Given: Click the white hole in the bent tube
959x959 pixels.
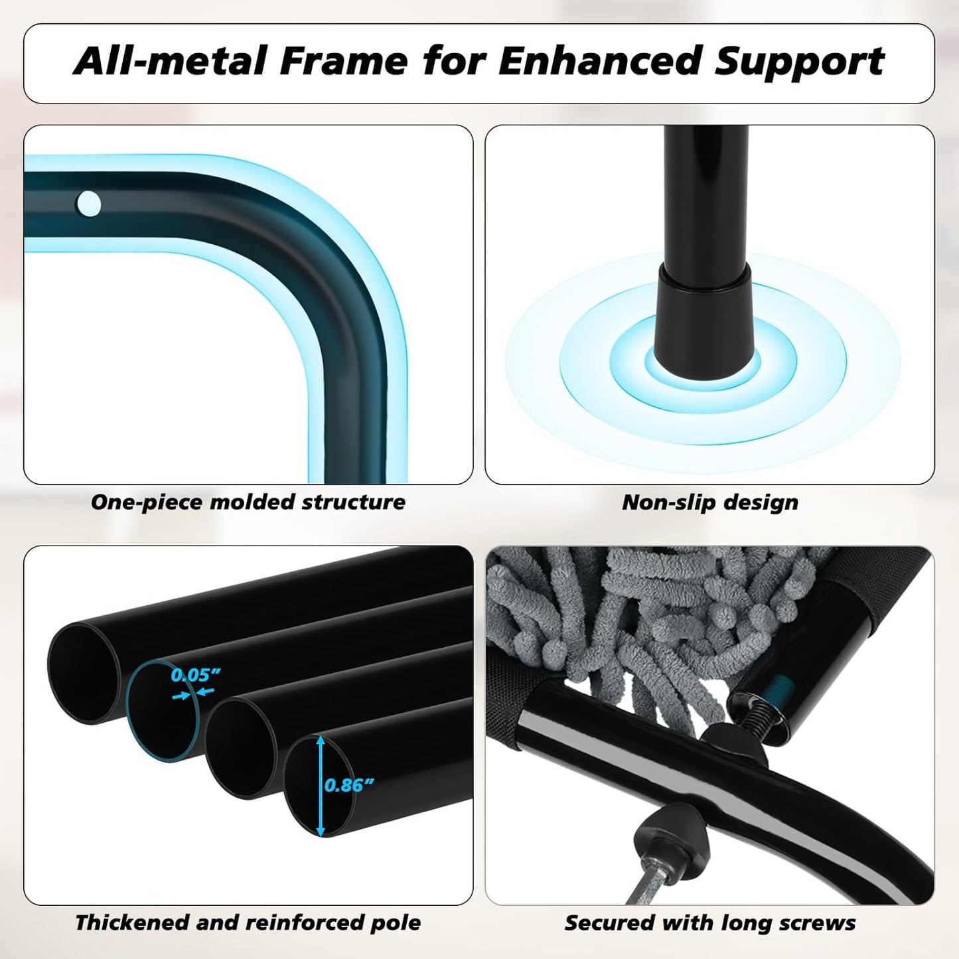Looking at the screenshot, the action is tap(88, 204).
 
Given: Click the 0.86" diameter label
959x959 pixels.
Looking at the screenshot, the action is tap(348, 785).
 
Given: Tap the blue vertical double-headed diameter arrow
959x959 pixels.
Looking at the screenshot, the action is tap(321, 786).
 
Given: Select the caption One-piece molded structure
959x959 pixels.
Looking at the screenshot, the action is tap(248, 502).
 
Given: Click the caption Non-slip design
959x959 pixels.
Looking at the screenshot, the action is tap(710, 502).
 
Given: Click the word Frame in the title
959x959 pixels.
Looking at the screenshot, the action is tap(343, 60).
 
